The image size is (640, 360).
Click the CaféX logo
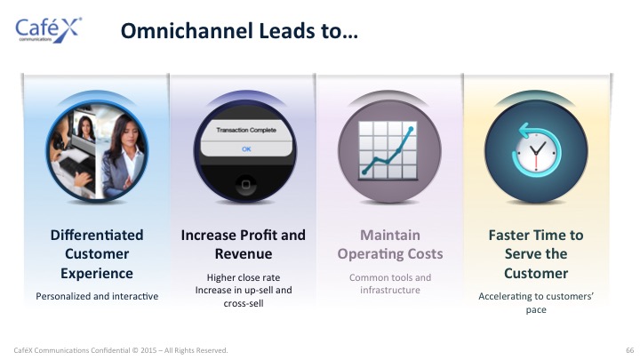click(x=49, y=30)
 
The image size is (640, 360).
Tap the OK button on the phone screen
click(x=246, y=149)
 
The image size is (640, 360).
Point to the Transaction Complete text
click(x=246, y=130)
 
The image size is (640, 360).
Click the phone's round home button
click(x=245, y=185)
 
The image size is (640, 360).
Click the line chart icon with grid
click(x=388, y=150)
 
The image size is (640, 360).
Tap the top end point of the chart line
click(x=411, y=129)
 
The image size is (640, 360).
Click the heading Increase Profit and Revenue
click(x=244, y=244)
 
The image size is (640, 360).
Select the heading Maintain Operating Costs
click(x=390, y=244)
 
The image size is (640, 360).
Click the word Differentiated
click(x=97, y=235)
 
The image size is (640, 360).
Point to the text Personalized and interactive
click(x=97, y=296)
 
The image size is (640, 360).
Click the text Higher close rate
click(x=244, y=277)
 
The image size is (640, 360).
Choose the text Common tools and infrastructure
click(x=390, y=284)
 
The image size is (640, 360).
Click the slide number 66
click(x=630, y=350)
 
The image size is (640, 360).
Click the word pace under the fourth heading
click(x=536, y=310)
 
